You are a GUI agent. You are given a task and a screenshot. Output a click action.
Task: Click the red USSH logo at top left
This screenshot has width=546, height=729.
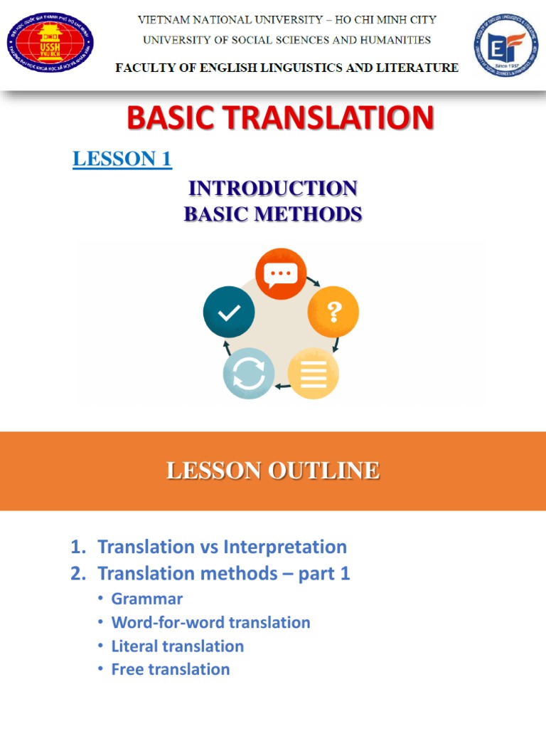(50, 45)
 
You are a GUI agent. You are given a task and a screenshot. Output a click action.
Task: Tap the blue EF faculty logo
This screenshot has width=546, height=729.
(505, 45)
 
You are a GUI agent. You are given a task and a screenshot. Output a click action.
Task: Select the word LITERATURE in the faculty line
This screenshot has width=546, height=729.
(419, 68)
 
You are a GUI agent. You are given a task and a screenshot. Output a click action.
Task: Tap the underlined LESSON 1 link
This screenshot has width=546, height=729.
(122, 159)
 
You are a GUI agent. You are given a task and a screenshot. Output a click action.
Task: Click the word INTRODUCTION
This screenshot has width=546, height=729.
(273, 189)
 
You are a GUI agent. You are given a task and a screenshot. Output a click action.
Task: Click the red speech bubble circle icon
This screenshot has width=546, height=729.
(281, 273)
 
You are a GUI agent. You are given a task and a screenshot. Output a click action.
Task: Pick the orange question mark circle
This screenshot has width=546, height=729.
(333, 311)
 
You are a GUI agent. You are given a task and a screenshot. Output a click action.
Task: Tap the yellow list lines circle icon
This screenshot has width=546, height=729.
(313, 373)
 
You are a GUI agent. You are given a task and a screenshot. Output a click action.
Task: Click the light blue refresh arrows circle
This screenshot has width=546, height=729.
(248, 373)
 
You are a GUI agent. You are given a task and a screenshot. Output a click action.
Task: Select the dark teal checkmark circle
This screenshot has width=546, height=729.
(229, 311)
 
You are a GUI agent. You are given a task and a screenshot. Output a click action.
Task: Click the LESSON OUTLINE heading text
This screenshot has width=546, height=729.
(273, 471)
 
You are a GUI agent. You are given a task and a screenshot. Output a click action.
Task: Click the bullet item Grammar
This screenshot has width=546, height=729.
(146, 599)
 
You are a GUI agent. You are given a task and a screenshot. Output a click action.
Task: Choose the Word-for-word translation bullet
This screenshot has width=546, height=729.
(210, 622)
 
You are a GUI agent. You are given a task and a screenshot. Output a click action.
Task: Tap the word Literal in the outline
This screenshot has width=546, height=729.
(136, 646)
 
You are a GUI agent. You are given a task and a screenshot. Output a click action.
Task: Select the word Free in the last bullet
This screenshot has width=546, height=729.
(127, 669)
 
